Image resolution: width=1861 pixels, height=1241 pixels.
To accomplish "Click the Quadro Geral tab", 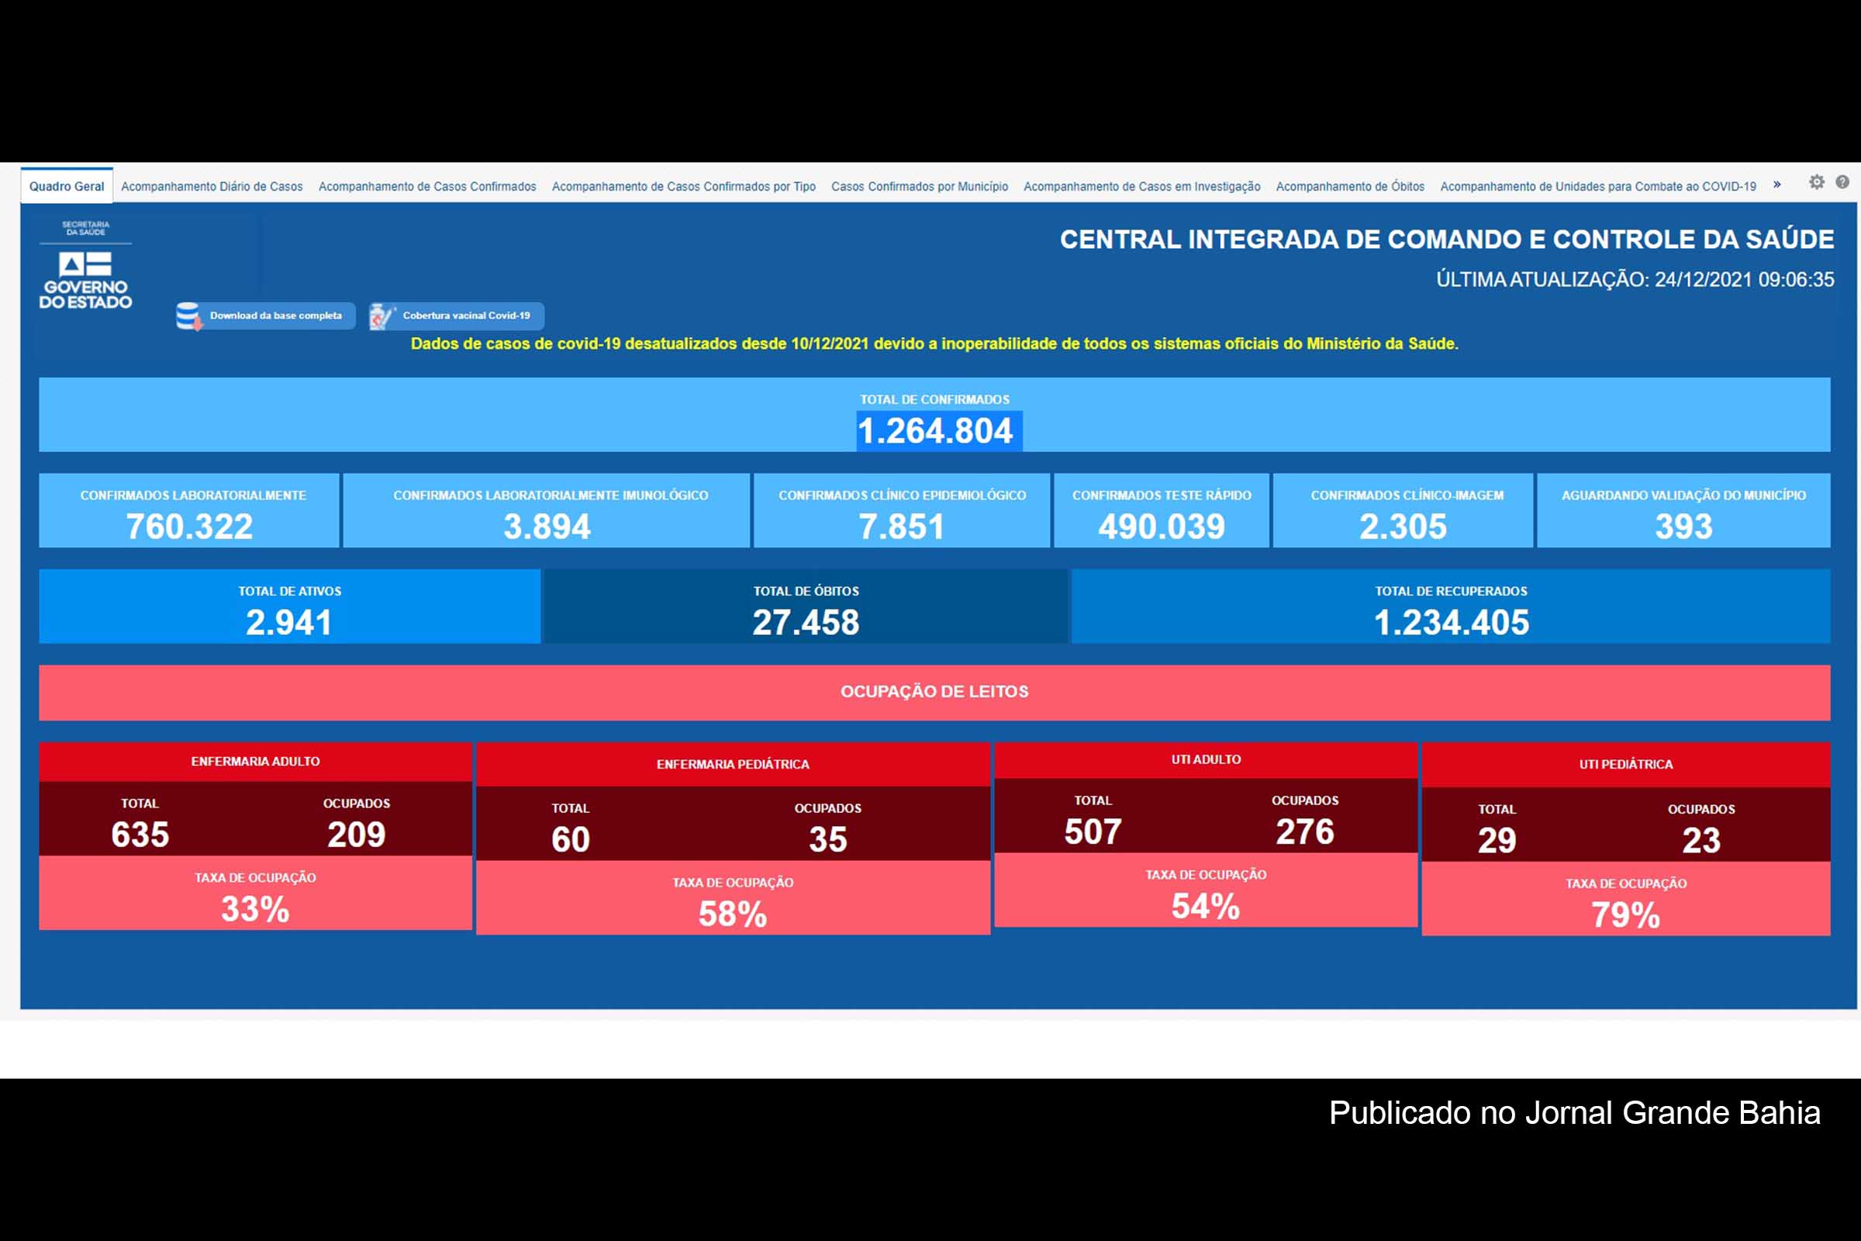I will point(67,186).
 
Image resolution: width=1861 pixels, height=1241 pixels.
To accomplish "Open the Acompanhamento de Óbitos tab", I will point(1350,186).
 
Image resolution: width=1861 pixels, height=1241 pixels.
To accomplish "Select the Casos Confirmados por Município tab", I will point(920,186).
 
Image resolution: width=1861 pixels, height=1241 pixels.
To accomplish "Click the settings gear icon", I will point(1817,182).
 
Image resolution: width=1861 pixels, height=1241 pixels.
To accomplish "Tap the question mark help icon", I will point(1843,182).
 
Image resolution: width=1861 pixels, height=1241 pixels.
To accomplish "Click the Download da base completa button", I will point(265,316).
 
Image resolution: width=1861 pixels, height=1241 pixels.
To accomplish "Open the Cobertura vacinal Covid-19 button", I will point(457,316).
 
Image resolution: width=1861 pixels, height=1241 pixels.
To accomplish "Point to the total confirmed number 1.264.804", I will point(935,431).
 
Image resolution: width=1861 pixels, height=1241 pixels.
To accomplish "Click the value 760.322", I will point(189,527).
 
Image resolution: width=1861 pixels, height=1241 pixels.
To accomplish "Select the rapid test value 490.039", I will point(1161,527).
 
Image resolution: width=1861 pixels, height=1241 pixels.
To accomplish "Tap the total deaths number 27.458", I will point(806,623).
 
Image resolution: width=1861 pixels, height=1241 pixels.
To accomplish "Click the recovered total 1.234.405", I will point(1451,623).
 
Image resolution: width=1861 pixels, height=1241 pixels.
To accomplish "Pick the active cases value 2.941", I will point(288,623).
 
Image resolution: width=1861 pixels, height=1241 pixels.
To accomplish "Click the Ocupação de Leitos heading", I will point(934,692).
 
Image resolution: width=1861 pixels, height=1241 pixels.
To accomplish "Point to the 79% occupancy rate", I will point(1625,916).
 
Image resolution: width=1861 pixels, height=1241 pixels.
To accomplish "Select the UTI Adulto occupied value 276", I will point(1305,831).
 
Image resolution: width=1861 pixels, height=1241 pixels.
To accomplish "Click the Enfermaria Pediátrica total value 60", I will point(571,840).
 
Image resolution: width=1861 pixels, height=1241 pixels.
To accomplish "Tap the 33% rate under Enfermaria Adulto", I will point(255,909).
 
